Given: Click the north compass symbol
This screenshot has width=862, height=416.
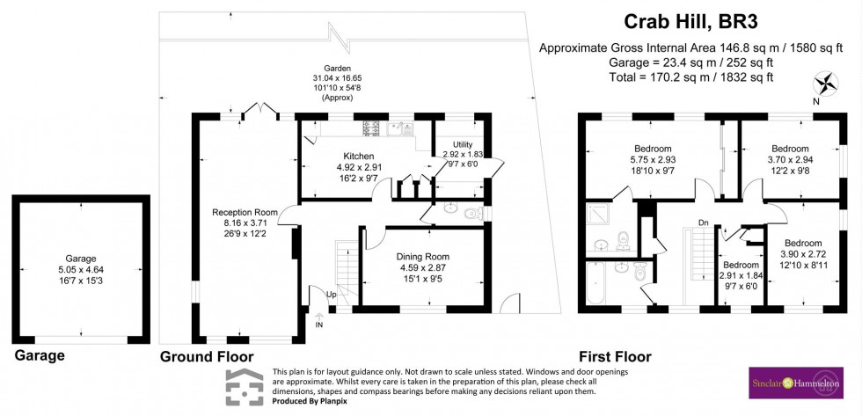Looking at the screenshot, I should click(x=827, y=85).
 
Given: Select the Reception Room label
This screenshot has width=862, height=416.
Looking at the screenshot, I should click(x=245, y=212).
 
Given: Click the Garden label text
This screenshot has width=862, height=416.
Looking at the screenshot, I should click(x=337, y=68).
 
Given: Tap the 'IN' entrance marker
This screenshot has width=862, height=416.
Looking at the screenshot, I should click(x=319, y=325).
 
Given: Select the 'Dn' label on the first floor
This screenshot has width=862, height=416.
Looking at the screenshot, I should click(x=703, y=223).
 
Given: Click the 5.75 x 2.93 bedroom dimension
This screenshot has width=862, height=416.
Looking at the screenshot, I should click(x=652, y=160).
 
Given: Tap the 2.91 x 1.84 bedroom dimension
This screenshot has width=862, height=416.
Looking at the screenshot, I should click(x=740, y=275).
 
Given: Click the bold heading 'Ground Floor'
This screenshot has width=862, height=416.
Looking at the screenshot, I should click(x=207, y=356).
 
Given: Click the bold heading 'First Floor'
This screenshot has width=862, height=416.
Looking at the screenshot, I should click(x=614, y=356).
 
